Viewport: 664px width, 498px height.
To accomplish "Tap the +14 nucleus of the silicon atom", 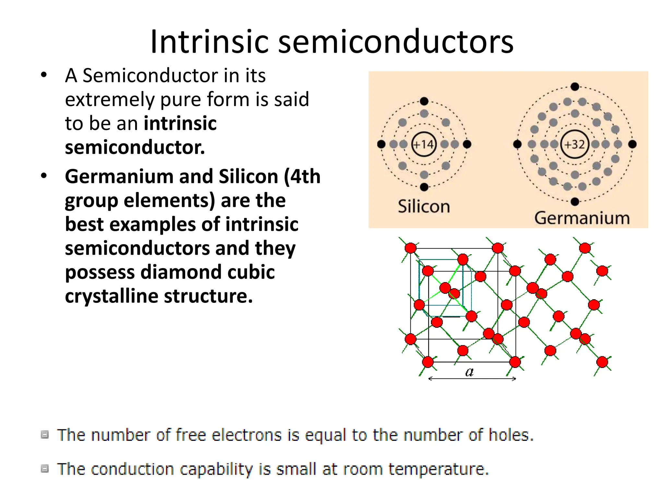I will (x=424, y=144).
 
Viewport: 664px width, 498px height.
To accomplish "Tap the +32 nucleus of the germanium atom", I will (x=575, y=144).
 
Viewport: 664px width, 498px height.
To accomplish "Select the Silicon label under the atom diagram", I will (x=424, y=207).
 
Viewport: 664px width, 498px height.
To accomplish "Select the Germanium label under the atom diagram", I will (x=582, y=218).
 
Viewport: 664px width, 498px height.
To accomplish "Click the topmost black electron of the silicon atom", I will (x=424, y=101).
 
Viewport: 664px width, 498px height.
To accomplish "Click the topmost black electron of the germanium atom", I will (x=575, y=87).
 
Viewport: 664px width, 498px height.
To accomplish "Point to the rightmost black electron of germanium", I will (x=632, y=144).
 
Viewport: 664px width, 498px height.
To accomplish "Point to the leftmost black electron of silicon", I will (x=381, y=144).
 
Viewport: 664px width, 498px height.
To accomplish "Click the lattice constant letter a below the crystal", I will (x=469, y=372).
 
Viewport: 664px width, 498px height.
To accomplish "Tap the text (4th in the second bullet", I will (x=302, y=177).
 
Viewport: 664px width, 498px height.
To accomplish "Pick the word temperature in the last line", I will (x=438, y=469).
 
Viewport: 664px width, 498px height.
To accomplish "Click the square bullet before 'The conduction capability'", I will (x=45, y=468).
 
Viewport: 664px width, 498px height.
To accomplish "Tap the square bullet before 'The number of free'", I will (x=45, y=434).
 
